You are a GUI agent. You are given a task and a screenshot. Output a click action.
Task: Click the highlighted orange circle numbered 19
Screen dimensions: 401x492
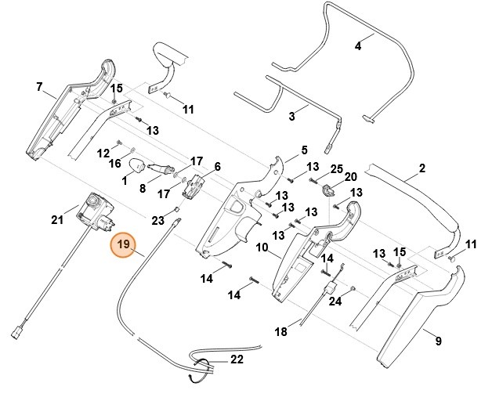(123, 245)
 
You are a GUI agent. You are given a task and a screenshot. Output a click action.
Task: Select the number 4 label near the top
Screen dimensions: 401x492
(358, 46)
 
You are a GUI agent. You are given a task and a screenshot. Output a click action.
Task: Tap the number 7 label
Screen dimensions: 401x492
(39, 87)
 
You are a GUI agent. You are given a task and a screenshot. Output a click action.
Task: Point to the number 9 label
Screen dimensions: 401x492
(438, 341)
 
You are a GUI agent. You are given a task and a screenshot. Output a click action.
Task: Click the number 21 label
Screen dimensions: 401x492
(56, 220)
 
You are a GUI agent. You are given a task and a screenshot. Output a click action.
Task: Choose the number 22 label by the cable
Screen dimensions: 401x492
(237, 360)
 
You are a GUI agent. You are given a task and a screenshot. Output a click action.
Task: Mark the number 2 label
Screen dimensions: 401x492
(422, 168)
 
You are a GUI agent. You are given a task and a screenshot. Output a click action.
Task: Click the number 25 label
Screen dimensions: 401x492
(335, 168)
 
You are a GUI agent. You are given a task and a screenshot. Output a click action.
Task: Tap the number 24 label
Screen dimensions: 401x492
(335, 301)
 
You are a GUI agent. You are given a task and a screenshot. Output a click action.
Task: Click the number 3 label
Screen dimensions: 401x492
(291, 117)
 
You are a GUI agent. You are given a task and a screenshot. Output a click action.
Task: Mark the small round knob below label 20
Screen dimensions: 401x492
(329, 190)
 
